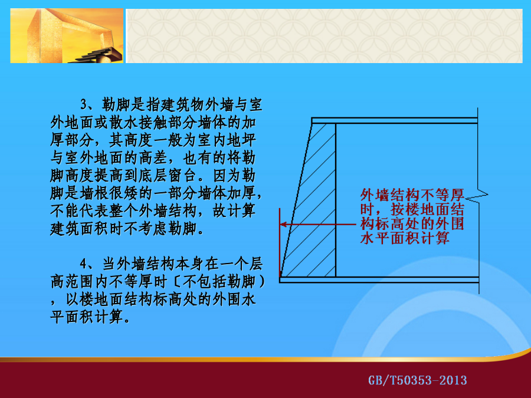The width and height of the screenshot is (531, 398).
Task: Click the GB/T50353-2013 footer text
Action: [x=418, y=380]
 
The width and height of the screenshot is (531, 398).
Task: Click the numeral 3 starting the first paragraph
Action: [x=84, y=104]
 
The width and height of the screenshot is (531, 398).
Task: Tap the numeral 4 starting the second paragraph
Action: [x=84, y=264]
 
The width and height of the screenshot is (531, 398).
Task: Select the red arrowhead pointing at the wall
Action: [x=284, y=224]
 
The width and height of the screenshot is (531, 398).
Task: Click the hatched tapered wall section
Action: [x=309, y=200]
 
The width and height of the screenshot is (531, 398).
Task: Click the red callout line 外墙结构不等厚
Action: [x=412, y=195]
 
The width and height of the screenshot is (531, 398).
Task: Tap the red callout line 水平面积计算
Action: [x=405, y=238]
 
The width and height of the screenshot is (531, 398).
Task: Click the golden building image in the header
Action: [x=67, y=35]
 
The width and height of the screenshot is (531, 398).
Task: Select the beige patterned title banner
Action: [x=324, y=36]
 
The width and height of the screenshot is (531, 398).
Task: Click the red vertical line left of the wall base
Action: [x=280, y=243]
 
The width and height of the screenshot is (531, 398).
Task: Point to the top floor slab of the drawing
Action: [x=394, y=120]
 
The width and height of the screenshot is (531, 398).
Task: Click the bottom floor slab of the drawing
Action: [x=379, y=280]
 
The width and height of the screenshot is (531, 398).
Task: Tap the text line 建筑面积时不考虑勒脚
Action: [x=127, y=229]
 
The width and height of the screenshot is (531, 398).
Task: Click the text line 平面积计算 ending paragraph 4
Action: [x=90, y=317]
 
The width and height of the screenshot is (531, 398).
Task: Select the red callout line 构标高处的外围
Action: [x=412, y=223]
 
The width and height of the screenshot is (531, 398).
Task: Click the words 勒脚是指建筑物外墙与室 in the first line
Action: [x=182, y=104]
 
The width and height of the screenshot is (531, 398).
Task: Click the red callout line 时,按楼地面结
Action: [x=412, y=209]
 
